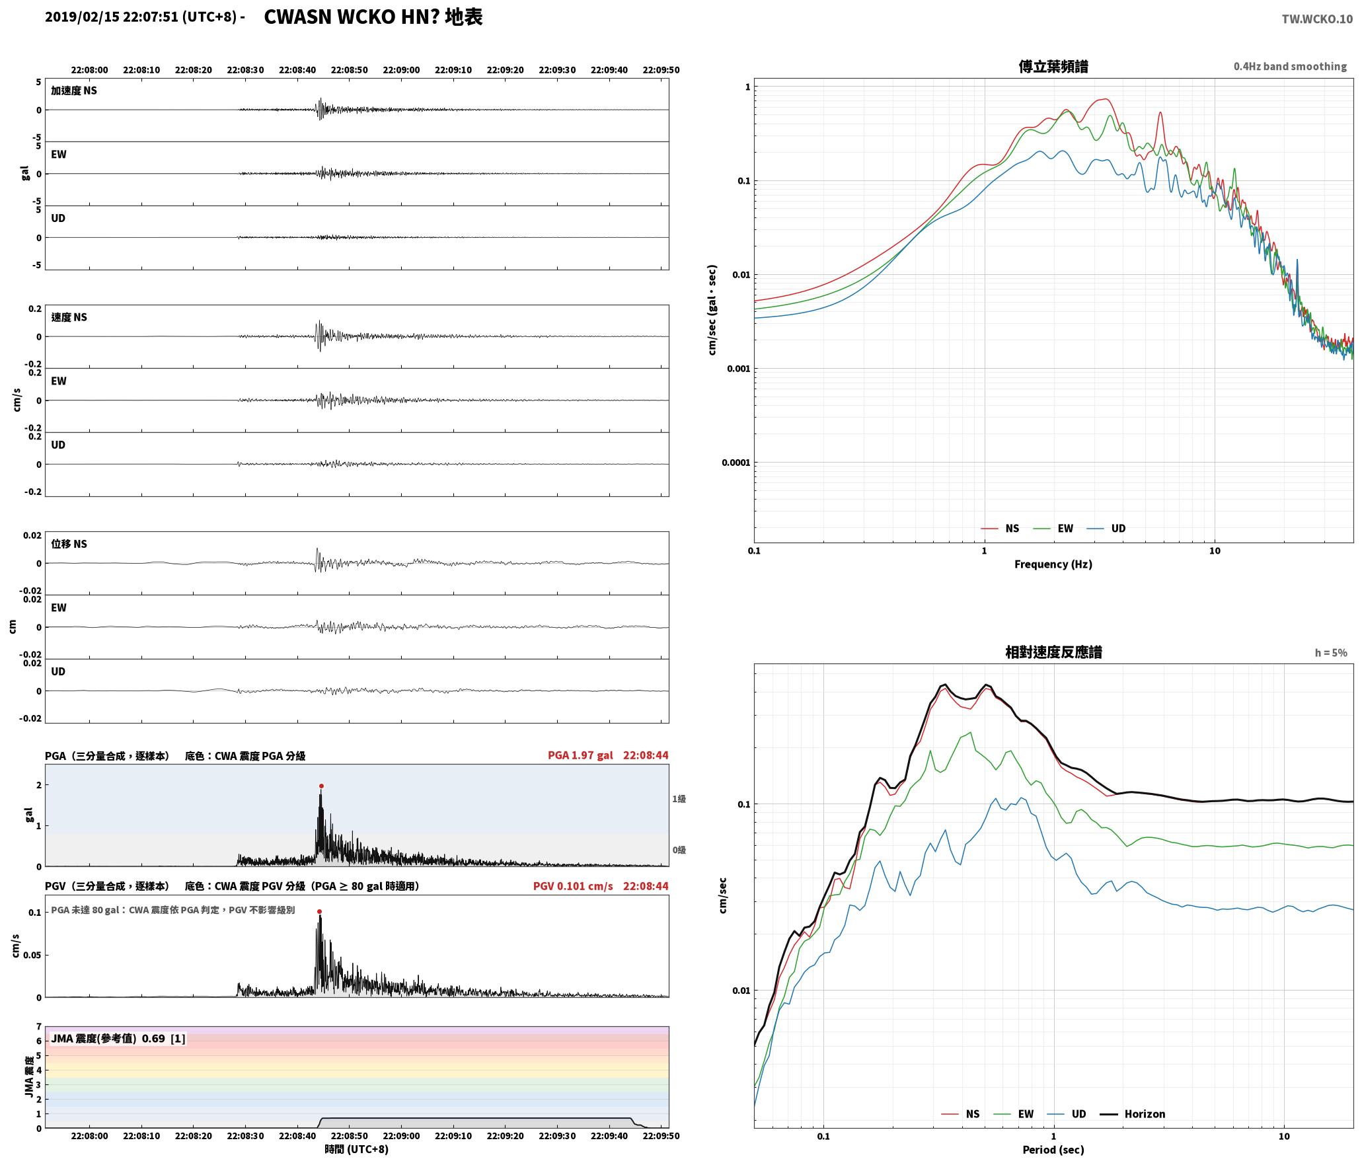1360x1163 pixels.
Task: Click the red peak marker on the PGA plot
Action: point(321,786)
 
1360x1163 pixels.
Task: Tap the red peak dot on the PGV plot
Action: point(319,912)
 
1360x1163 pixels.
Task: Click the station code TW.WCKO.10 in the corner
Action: point(1317,19)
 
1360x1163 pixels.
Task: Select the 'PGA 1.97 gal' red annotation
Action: point(580,755)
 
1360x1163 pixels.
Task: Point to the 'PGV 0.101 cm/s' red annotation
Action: point(573,886)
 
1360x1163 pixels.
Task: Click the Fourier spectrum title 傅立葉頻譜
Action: point(1053,67)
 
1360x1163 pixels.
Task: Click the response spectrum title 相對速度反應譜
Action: point(1053,652)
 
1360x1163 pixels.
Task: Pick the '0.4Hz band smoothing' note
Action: point(1290,67)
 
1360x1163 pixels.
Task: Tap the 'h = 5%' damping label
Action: point(1331,653)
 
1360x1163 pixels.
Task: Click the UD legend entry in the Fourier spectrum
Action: point(1107,529)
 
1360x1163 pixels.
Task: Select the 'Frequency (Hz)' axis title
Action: point(1053,564)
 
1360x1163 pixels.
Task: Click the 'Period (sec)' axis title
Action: point(1053,1150)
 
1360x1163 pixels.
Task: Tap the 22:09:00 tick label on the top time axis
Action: point(401,70)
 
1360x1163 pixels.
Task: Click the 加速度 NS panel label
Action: point(74,91)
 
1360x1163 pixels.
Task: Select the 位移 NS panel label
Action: point(69,544)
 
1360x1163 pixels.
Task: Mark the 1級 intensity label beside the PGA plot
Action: point(679,799)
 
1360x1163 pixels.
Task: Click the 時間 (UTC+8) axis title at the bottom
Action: point(357,1149)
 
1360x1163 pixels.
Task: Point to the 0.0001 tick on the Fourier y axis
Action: point(736,463)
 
